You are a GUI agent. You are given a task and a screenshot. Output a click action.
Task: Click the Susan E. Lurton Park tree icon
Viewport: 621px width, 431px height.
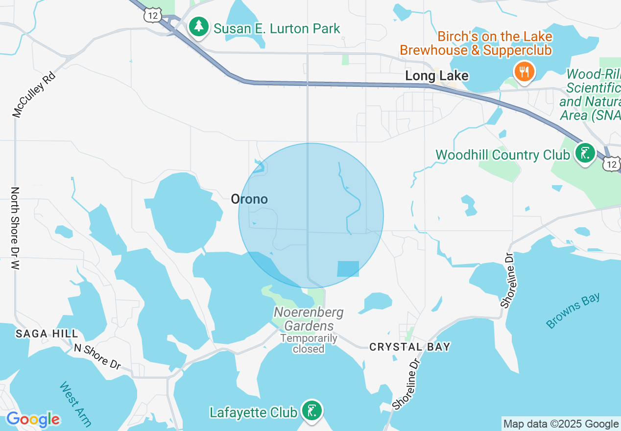point(199,27)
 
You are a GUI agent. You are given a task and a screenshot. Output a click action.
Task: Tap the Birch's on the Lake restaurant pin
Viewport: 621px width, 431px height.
point(524,72)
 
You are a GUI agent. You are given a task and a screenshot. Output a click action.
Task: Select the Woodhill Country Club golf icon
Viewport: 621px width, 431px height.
point(585,155)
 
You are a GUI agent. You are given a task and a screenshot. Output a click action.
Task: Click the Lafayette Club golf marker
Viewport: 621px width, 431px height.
point(311,411)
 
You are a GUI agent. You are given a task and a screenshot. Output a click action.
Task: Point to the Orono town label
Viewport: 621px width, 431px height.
point(249,199)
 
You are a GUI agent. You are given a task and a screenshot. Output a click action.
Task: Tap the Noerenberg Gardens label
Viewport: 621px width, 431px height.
point(309,319)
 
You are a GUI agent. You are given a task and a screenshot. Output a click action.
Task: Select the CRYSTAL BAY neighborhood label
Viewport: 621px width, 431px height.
point(409,347)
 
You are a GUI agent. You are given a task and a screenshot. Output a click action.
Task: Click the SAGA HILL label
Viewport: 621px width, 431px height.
point(47,334)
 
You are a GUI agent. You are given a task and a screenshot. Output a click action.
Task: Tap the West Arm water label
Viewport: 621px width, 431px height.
point(75,404)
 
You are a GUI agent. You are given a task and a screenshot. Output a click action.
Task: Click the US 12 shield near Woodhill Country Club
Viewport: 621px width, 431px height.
point(611,164)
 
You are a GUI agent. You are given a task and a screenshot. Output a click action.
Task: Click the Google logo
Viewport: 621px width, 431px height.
point(33,420)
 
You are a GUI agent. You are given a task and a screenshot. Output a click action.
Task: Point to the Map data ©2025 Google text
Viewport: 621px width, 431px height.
point(561,424)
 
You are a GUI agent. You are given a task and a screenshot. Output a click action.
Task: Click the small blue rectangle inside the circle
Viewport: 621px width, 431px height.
point(348,269)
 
